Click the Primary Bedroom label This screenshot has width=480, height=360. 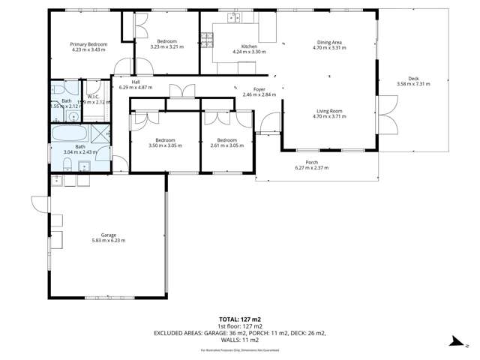pos(89,44)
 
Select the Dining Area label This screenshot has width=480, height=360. pos(327,44)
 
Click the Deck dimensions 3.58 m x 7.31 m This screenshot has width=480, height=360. pos(412,84)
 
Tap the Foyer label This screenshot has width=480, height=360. pos(259,90)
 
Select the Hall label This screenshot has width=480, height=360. pos(135,82)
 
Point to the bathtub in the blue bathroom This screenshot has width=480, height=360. pos(67,135)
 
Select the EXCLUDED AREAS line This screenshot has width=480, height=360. pos(239,332)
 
